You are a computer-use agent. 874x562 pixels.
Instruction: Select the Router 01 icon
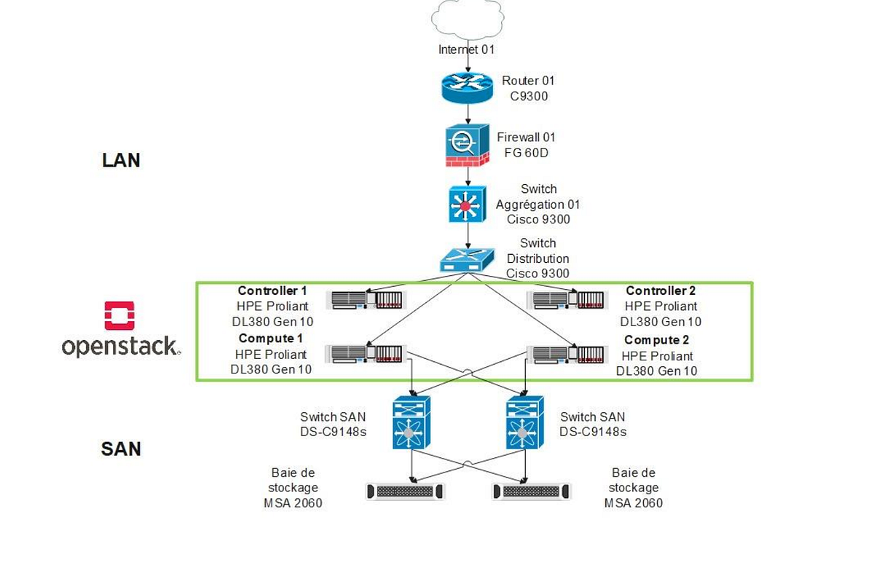467,87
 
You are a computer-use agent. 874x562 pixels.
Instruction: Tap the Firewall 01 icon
467,146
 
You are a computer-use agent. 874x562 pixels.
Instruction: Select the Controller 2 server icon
568,299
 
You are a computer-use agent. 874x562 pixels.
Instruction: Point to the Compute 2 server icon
568,355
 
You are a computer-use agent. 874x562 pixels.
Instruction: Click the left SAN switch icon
412,422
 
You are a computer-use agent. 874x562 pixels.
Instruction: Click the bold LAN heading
121,160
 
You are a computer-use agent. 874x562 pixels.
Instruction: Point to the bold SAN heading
121,448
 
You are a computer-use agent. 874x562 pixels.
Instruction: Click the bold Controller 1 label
272,291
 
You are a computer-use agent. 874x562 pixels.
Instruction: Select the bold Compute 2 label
656,340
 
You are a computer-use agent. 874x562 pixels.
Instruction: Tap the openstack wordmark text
120,347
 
